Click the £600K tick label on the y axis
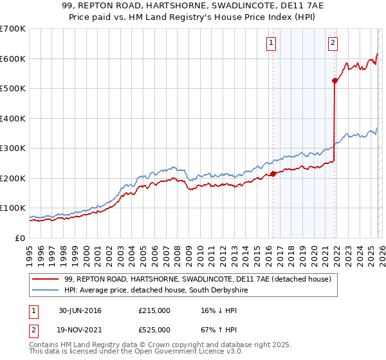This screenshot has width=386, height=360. (x=13, y=59)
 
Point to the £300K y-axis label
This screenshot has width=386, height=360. (x=13, y=148)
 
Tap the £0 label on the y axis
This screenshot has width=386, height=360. (x=20, y=238)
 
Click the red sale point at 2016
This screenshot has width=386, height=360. (x=273, y=174)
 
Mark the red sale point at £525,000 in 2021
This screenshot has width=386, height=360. (x=335, y=80)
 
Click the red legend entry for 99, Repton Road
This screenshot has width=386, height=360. (x=198, y=279)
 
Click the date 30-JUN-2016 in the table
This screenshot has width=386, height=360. (x=80, y=310)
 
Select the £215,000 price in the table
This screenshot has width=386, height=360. (x=154, y=310)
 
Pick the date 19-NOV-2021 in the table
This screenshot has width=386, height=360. (x=80, y=331)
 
